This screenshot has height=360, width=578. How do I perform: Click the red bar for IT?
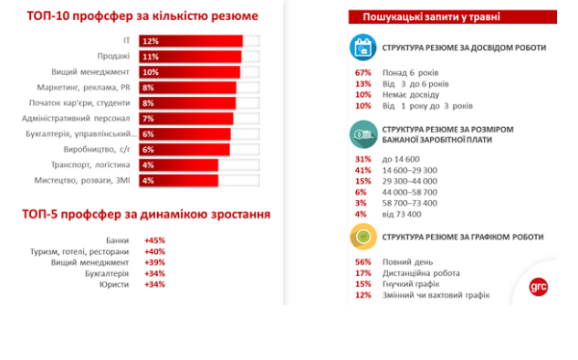[x=191, y=41]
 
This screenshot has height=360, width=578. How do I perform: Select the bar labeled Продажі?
[x=190, y=57]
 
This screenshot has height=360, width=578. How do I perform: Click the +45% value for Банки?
[x=154, y=240]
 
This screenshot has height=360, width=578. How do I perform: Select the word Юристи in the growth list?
[x=115, y=284]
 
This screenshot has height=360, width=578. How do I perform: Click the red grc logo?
[x=540, y=286]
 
